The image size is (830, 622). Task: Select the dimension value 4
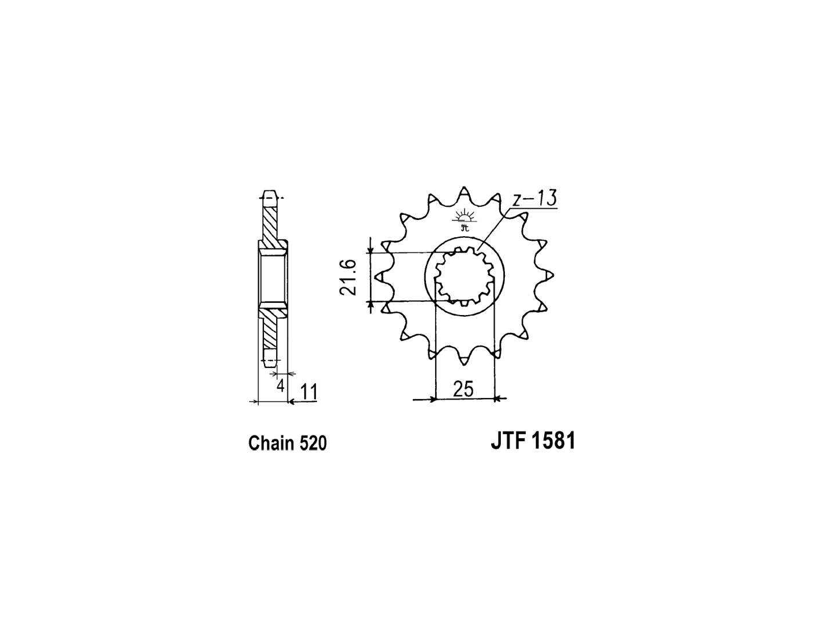[280, 386]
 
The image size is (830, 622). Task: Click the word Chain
[272, 443]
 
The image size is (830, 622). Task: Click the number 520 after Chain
[314, 443]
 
